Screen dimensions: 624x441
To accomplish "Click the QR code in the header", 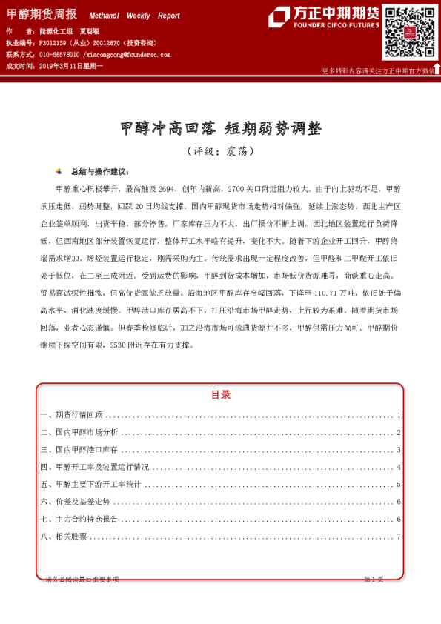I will (409, 33).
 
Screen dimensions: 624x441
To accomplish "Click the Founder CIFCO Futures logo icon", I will (279, 17).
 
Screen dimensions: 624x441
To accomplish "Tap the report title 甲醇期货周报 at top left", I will (41, 14).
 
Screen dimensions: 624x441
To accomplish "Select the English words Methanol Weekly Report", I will (134, 16).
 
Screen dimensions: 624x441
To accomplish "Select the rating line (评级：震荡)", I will (220, 150).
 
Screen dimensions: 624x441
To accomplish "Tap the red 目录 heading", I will (220, 395).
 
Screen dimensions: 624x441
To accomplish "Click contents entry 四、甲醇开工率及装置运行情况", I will (94, 467).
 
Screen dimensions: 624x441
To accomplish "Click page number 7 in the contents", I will (399, 536).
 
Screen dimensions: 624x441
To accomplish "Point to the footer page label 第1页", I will (373, 579).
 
